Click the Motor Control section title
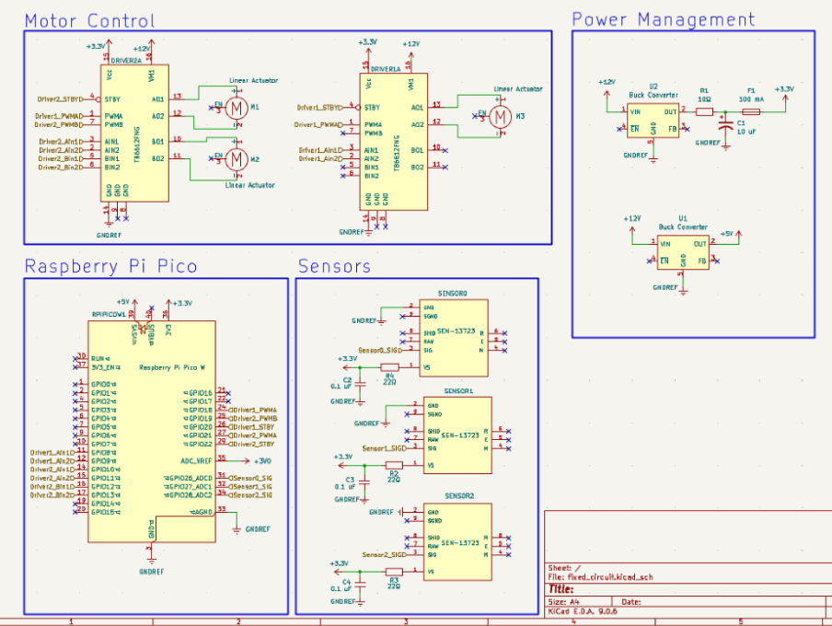[89, 20]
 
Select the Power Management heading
[663, 19]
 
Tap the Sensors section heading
[333, 266]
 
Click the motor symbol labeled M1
[237, 109]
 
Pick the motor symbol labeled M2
[237, 159]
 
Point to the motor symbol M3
[500, 117]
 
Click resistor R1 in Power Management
[704, 111]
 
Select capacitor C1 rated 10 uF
[725, 124]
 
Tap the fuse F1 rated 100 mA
[750, 111]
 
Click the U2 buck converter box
[653, 121]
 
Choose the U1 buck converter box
[682, 252]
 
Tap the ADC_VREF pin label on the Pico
[196, 459]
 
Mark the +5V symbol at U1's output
[727, 234]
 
